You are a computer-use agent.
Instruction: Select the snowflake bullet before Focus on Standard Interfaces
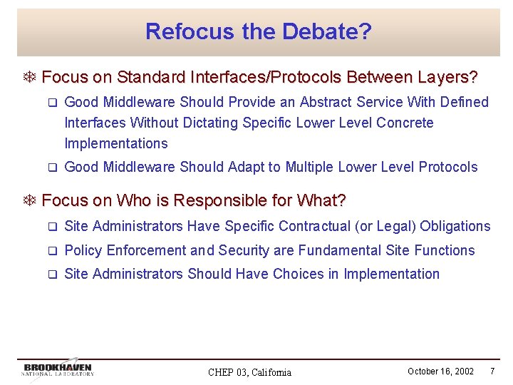point(31,77)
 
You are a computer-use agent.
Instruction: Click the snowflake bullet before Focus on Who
point(31,201)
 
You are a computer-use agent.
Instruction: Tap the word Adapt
point(245,167)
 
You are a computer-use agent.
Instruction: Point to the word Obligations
point(455,226)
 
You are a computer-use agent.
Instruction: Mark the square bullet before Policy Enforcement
point(51,251)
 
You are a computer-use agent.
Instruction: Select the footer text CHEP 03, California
point(249,372)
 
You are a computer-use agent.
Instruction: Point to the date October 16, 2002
point(440,371)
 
